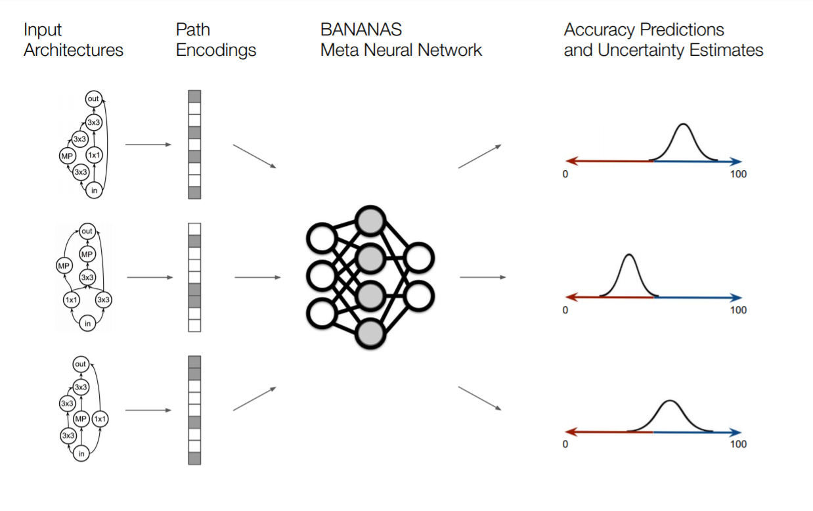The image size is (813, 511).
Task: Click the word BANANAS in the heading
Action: (361, 30)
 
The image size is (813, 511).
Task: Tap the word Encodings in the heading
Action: (216, 51)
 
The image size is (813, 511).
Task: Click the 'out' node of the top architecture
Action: (94, 99)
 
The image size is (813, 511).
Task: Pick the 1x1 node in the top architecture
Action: (94, 155)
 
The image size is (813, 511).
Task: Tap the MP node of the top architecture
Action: (67, 156)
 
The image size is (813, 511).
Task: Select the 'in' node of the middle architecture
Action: (87, 323)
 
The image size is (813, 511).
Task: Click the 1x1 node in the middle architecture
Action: (71, 300)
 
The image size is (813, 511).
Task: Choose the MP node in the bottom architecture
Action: (81, 419)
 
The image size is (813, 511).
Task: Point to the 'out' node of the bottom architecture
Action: (81, 364)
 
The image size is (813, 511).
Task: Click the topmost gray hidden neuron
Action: (370, 221)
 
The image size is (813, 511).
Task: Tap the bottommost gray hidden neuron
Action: (370, 334)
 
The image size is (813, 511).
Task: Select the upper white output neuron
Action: (419, 258)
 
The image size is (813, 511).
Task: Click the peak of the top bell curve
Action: (684, 125)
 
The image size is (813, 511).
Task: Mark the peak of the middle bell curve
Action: (629, 255)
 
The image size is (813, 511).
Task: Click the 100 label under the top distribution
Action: (738, 174)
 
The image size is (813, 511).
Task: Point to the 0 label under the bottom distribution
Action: (565, 444)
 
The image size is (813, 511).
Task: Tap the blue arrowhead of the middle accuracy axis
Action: (736, 298)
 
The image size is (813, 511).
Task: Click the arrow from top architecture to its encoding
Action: (148, 144)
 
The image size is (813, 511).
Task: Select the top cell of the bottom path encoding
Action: (194, 362)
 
